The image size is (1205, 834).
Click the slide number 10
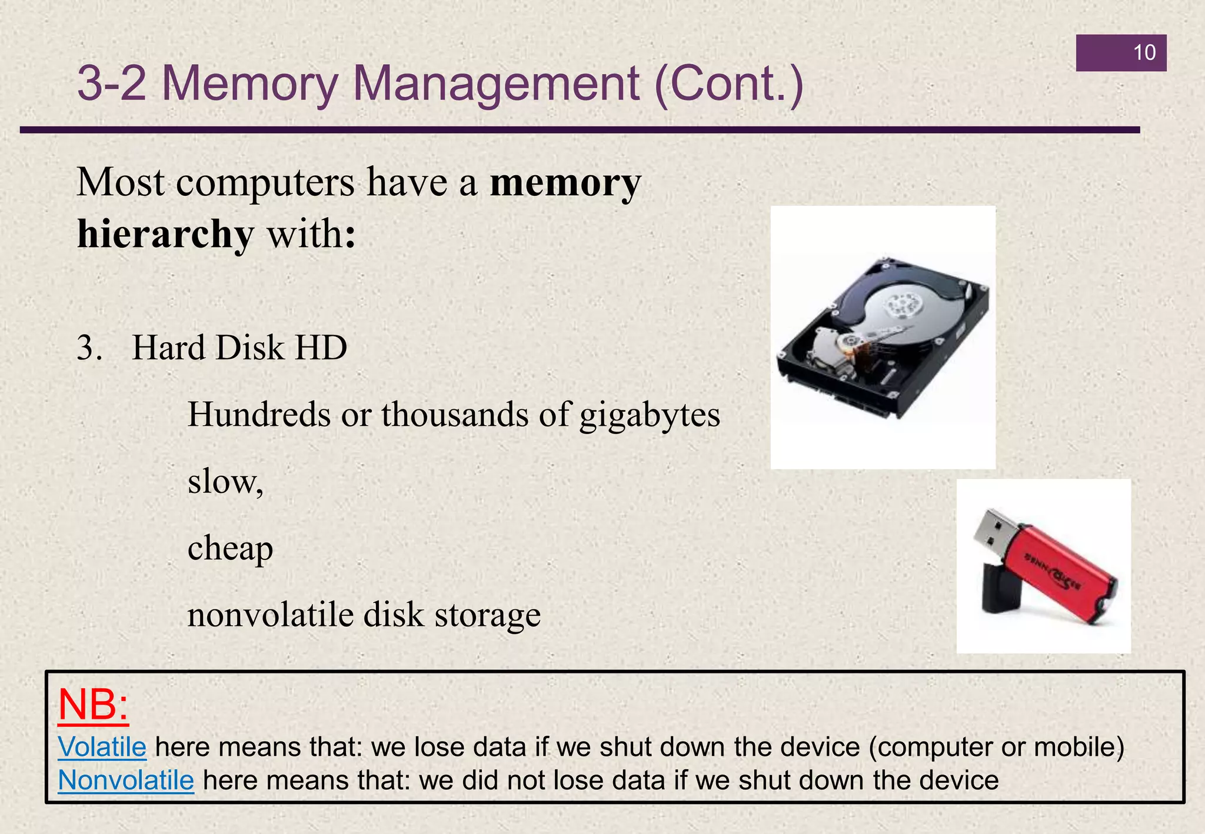[1144, 53]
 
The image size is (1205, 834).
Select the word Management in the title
[495, 84]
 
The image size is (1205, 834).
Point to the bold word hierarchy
[165, 235]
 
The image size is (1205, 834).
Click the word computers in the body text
[265, 182]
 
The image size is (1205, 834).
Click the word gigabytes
[650, 415]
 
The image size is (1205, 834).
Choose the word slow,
[225, 482]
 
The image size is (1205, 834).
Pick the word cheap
[230, 549]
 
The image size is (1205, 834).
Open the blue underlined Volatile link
[102, 747]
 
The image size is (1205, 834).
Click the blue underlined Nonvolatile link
[126, 780]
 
